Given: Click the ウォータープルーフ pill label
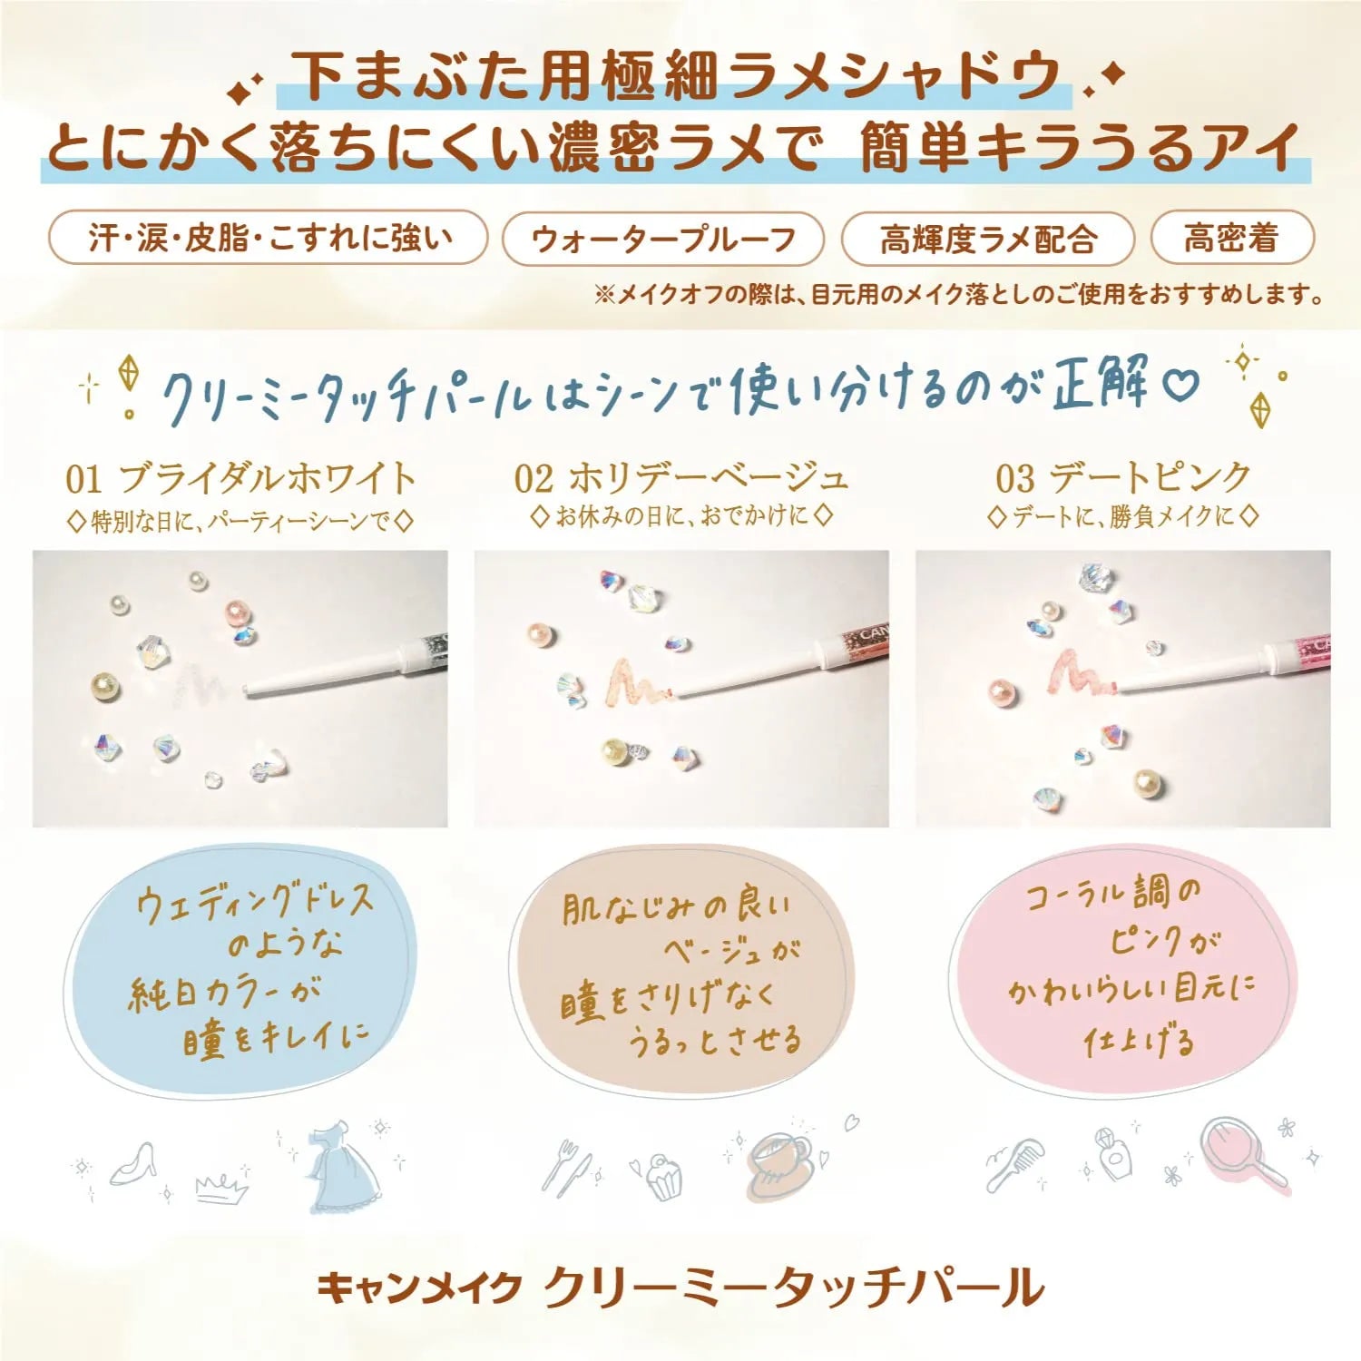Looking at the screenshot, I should [x=663, y=239].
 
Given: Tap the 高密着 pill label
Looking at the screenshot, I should [x=1231, y=238].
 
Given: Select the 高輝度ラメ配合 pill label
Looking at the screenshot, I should [x=988, y=239].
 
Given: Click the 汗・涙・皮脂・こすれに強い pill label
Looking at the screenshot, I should [x=269, y=238].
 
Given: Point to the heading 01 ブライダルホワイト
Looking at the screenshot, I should [x=240, y=478].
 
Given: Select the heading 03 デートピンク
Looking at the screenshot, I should [x=1123, y=477].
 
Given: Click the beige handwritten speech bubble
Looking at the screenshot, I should [x=680, y=971].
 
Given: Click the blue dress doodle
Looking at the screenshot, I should [x=342, y=1170].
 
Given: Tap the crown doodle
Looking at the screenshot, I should [x=221, y=1186].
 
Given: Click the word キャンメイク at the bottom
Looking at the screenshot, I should [x=419, y=1288].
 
